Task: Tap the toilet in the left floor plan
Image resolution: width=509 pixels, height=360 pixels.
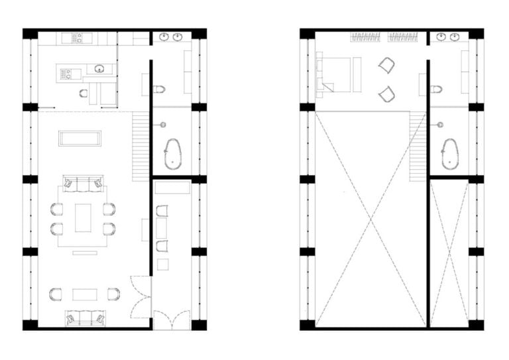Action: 158,90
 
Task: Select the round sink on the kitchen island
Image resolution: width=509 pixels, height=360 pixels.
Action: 99,68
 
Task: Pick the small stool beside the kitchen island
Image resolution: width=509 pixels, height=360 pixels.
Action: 84,93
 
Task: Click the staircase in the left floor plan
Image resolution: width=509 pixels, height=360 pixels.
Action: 139,146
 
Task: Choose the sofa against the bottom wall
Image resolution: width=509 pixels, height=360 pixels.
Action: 84,319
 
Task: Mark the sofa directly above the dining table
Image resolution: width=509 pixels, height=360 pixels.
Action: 83,183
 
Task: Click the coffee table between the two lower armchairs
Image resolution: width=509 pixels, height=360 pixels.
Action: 85,294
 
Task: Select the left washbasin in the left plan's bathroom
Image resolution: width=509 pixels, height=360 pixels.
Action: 164,37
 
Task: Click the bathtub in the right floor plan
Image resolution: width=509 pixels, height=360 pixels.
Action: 450,154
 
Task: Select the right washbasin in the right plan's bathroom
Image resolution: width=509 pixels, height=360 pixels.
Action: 455,37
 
